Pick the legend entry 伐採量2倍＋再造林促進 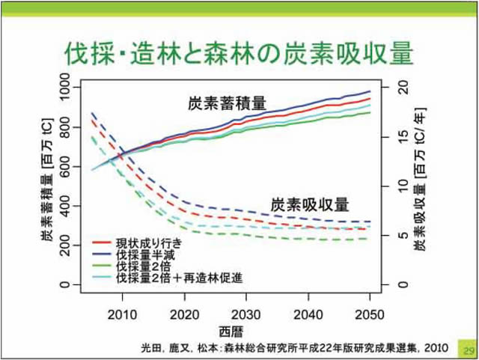click(178, 278)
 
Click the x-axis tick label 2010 click(122, 314)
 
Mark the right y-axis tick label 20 click(404, 87)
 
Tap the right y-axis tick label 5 click(404, 235)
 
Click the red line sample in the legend click(101, 244)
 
